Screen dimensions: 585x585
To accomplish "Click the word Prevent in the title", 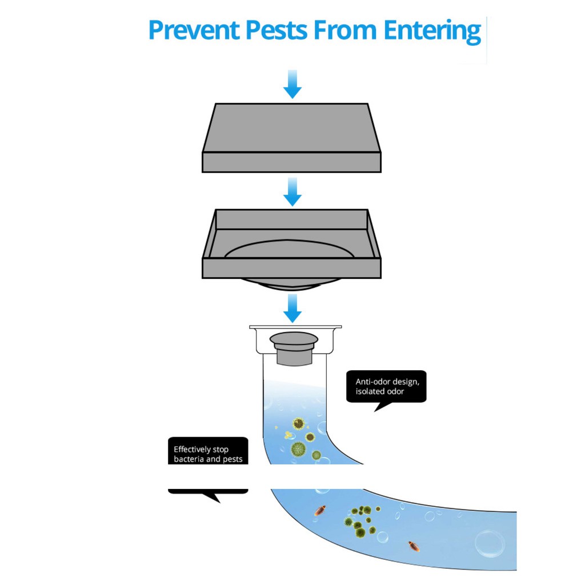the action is (194, 30).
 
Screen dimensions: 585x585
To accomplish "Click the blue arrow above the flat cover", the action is (292, 84).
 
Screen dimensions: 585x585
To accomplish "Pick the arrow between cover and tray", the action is (292, 192).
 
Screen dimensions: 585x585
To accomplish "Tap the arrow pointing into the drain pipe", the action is (292, 308).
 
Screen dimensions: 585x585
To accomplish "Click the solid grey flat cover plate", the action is (292, 138).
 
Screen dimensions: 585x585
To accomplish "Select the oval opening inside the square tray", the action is (289, 249).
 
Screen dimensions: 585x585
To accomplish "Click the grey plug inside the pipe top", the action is (294, 348).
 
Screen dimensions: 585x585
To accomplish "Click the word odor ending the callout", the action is (395, 391).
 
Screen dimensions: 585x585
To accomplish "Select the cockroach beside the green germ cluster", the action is (320, 510).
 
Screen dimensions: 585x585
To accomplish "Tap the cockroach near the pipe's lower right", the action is (414, 546).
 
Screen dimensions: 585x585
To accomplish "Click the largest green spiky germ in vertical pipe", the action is (298, 448).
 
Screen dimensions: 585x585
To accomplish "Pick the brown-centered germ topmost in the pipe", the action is (298, 423).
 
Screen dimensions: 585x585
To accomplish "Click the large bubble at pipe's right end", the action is (490, 543).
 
